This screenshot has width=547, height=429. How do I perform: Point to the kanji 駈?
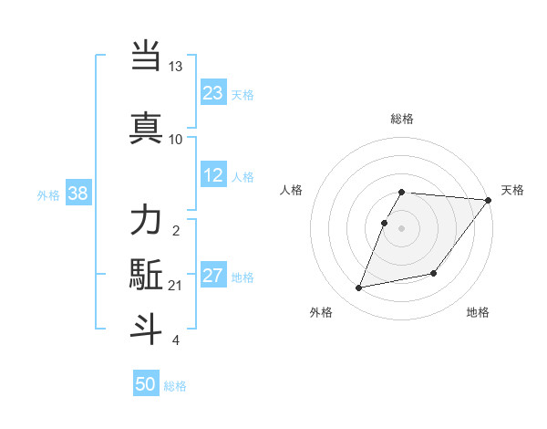[x=147, y=275]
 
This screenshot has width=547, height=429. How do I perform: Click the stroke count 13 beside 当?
[x=176, y=67]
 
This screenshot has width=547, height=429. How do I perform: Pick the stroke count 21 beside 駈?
[x=176, y=286]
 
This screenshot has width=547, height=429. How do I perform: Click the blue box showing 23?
[x=213, y=93]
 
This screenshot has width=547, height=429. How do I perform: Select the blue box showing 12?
[x=213, y=176]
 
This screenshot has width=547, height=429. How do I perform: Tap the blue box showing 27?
[x=213, y=277]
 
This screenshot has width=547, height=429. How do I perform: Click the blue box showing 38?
[x=77, y=194]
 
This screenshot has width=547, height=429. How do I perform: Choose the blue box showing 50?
[x=146, y=384]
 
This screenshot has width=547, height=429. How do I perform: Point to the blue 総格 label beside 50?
[x=175, y=386]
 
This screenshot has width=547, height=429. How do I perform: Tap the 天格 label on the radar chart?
[x=512, y=190]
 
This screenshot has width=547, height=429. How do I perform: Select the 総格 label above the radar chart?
[x=402, y=119]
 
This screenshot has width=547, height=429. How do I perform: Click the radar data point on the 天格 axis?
[x=489, y=200]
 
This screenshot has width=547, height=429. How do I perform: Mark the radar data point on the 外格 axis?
[x=359, y=288]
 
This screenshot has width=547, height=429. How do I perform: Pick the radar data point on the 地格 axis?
[x=434, y=273]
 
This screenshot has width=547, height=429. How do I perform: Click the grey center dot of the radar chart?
[x=402, y=228]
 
